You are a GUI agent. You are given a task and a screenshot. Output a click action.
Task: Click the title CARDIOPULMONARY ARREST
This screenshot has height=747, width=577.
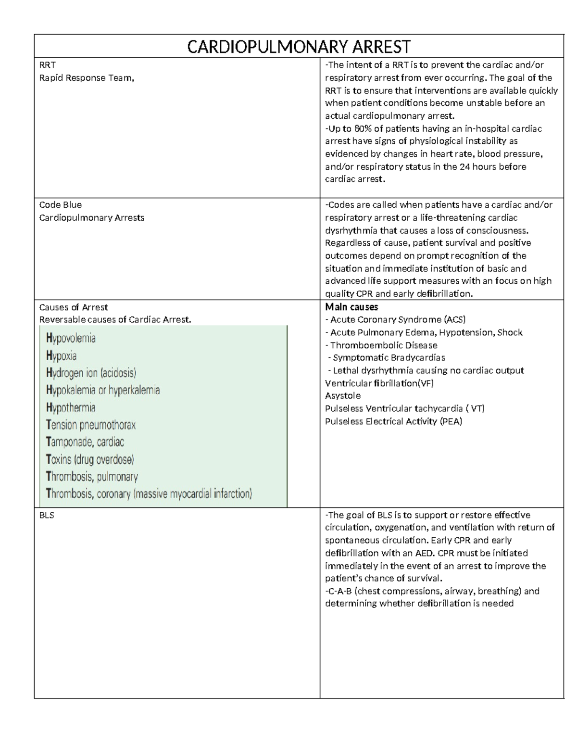pos(299,47)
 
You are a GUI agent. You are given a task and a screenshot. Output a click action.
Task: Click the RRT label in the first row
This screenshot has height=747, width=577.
pos(47,65)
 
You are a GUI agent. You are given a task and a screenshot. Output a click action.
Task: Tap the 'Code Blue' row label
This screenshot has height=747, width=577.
pos(60,204)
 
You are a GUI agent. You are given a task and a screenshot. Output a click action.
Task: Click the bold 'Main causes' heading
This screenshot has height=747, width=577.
pos(351,307)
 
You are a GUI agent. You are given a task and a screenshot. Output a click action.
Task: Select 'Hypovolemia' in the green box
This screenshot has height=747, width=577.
pos(71,338)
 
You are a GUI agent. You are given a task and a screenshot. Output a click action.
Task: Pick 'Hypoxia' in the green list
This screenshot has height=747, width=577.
pos(61,356)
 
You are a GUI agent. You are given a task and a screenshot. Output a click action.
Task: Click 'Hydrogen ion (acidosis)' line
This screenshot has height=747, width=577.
pos(91,373)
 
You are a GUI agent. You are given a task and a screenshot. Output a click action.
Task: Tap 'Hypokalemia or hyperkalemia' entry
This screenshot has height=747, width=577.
pos(103,390)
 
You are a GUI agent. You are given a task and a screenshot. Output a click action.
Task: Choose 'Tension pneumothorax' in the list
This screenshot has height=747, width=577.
pos(91,425)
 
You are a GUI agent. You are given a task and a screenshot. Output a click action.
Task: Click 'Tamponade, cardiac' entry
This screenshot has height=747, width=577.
pos(85,442)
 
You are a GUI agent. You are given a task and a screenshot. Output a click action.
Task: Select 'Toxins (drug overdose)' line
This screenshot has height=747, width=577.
pos(90,459)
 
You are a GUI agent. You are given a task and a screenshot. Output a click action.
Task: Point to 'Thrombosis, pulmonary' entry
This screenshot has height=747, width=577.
pos(92,477)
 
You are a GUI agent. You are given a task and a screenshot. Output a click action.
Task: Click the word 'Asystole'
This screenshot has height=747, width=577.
pos(343,395)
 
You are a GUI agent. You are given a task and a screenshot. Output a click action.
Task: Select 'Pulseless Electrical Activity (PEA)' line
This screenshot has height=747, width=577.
pos(393,421)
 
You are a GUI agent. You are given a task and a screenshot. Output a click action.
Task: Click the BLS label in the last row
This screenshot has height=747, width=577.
pos(47,515)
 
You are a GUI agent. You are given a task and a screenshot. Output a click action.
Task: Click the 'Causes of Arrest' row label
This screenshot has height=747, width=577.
pos(73,307)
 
